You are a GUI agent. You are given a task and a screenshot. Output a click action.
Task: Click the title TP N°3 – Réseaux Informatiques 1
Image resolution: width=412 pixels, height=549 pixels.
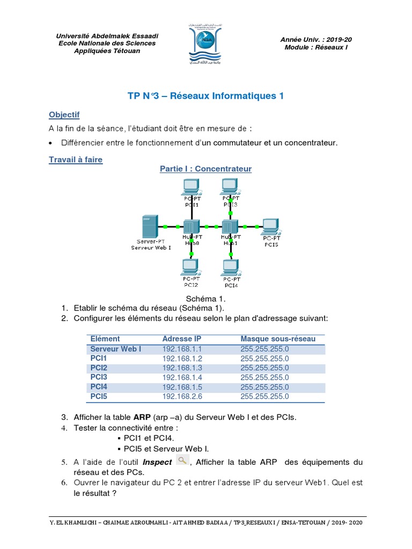[x=205, y=96]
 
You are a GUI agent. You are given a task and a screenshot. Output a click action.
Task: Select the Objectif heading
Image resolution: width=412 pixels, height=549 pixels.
[x=64, y=115]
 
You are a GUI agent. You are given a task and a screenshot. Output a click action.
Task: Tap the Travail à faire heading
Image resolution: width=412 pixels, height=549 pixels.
[x=75, y=160]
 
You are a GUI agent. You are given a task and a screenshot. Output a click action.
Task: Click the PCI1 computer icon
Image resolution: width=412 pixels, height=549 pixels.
[x=191, y=187]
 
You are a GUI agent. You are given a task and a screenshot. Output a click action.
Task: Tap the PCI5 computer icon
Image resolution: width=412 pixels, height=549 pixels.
[x=270, y=226]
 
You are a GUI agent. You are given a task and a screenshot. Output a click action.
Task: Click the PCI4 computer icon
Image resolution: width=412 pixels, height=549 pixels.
[x=231, y=266]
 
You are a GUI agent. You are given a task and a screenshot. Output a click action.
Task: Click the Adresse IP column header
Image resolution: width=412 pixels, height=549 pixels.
[x=182, y=339]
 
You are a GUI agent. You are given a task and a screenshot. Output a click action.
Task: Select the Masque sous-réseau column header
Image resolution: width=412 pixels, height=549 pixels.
[x=278, y=339]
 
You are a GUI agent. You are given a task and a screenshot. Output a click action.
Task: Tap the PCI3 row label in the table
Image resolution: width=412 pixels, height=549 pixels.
[x=99, y=377]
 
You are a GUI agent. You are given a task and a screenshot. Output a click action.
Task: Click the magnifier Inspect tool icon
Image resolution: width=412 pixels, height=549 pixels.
[x=182, y=461]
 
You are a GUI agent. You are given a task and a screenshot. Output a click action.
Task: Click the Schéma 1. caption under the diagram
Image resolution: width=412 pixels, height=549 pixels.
[x=206, y=299]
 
